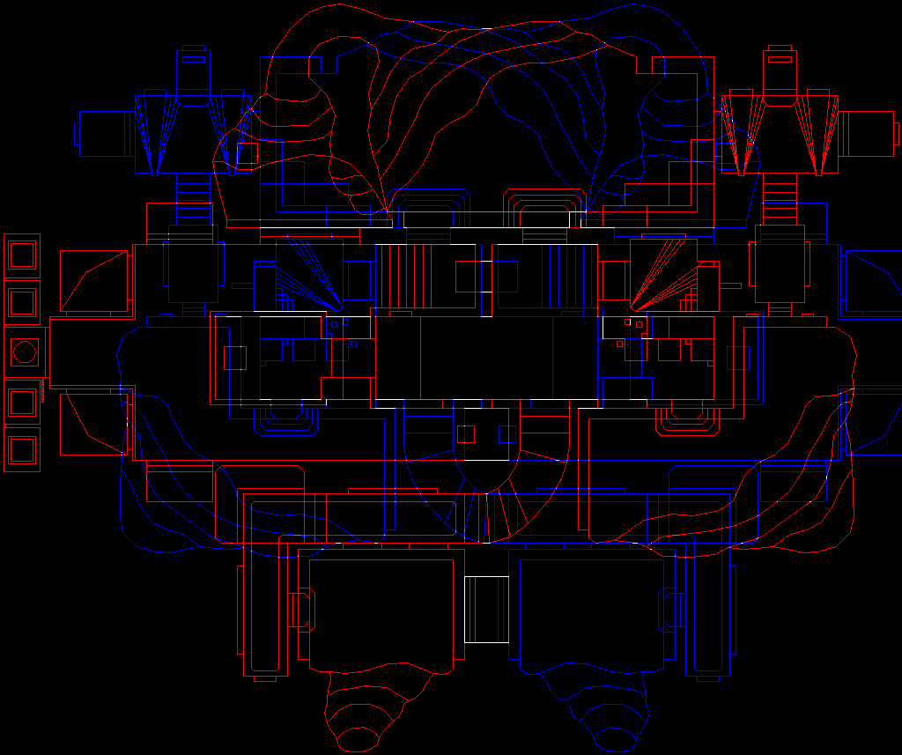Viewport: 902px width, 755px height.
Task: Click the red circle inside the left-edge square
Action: [x=25, y=352]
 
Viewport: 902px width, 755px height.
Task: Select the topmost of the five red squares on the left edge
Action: [x=22, y=255]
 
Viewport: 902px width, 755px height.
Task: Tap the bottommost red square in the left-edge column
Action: [x=22, y=449]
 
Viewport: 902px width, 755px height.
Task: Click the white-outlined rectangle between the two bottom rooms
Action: [x=486, y=609]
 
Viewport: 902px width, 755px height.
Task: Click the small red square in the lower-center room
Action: [x=466, y=434]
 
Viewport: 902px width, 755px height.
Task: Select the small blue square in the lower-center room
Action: [x=507, y=434]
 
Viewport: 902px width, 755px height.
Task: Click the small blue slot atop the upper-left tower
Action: [x=193, y=60]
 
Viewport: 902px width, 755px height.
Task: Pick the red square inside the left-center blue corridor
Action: [x=234, y=358]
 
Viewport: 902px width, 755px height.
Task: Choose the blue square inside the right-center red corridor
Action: [x=737, y=358]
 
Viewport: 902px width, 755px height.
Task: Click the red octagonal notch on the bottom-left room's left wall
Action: [x=301, y=609]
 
